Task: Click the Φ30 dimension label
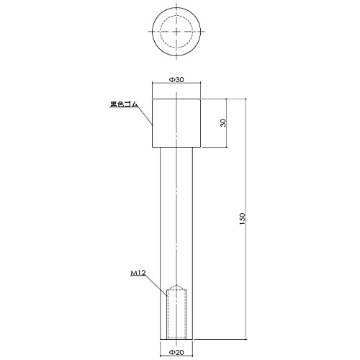point(176,80)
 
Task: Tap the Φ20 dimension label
point(176,352)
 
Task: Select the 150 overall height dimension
point(242,219)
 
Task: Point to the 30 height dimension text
point(223,123)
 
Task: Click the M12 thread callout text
point(138,273)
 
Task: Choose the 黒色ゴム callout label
point(124,104)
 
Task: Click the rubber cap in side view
point(176,123)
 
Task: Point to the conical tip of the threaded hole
point(176,285)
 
